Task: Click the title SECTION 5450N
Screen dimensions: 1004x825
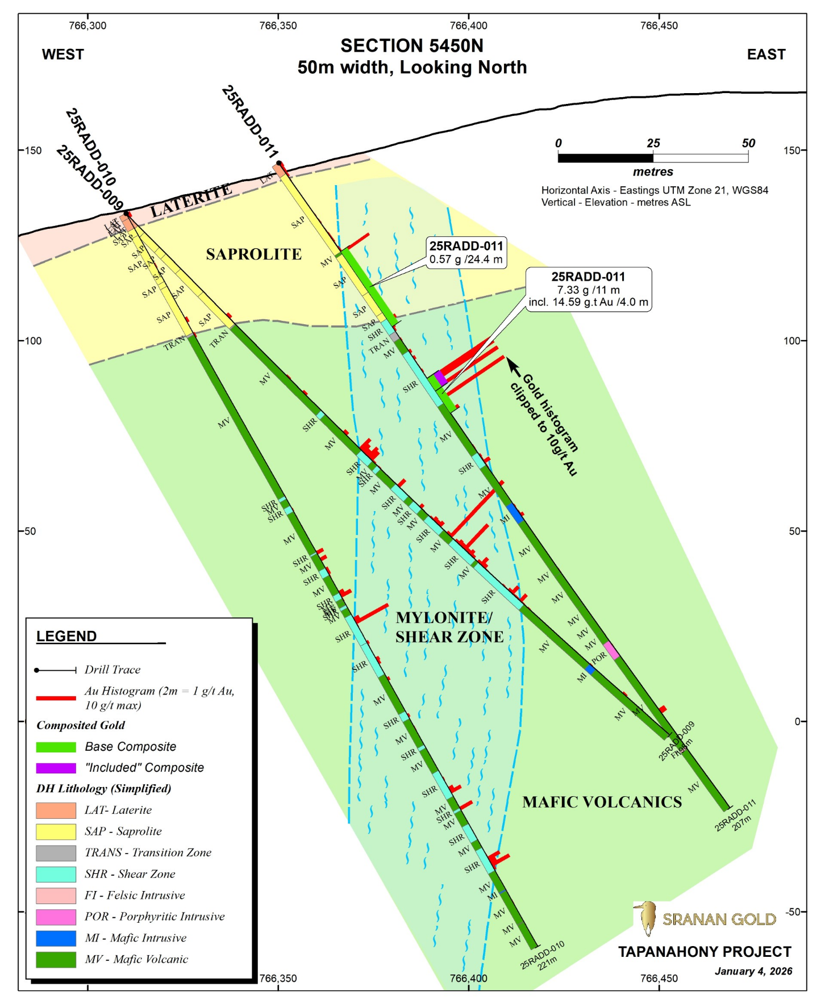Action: pyautogui.click(x=412, y=46)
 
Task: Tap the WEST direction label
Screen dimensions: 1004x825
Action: pyautogui.click(x=63, y=55)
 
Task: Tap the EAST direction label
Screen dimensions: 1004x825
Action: pyautogui.click(x=766, y=55)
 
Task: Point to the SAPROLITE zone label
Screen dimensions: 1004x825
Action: pyautogui.click(x=253, y=254)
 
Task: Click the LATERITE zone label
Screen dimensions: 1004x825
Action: pyautogui.click(x=191, y=201)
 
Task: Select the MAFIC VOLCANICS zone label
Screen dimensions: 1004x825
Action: pyautogui.click(x=602, y=802)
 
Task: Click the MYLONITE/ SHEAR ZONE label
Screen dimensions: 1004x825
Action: pyautogui.click(x=449, y=627)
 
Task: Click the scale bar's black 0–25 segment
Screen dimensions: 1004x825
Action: pyautogui.click(x=606, y=158)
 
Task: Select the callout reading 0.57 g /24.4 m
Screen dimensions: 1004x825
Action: pyautogui.click(x=466, y=253)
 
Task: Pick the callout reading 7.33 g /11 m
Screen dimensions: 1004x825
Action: pyautogui.click(x=588, y=290)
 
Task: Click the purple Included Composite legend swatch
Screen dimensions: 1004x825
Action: pyautogui.click(x=56, y=768)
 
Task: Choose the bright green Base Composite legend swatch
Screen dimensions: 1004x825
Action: pyautogui.click(x=56, y=747)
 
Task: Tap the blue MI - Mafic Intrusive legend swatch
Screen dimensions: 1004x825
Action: pyautogui.click(x=56, y=938)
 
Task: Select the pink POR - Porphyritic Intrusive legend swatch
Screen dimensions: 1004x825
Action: pyautogui.click(x=56, y=917)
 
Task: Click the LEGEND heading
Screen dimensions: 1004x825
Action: pyautogui.click(x=66, y=636)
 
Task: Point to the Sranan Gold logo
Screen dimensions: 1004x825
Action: pyautogui.click(x=705, y=918)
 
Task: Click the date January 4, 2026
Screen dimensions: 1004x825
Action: pyautogui.click(x=753, y=971)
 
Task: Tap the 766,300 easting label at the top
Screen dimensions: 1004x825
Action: pyautogui.click(x=88, y=26)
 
